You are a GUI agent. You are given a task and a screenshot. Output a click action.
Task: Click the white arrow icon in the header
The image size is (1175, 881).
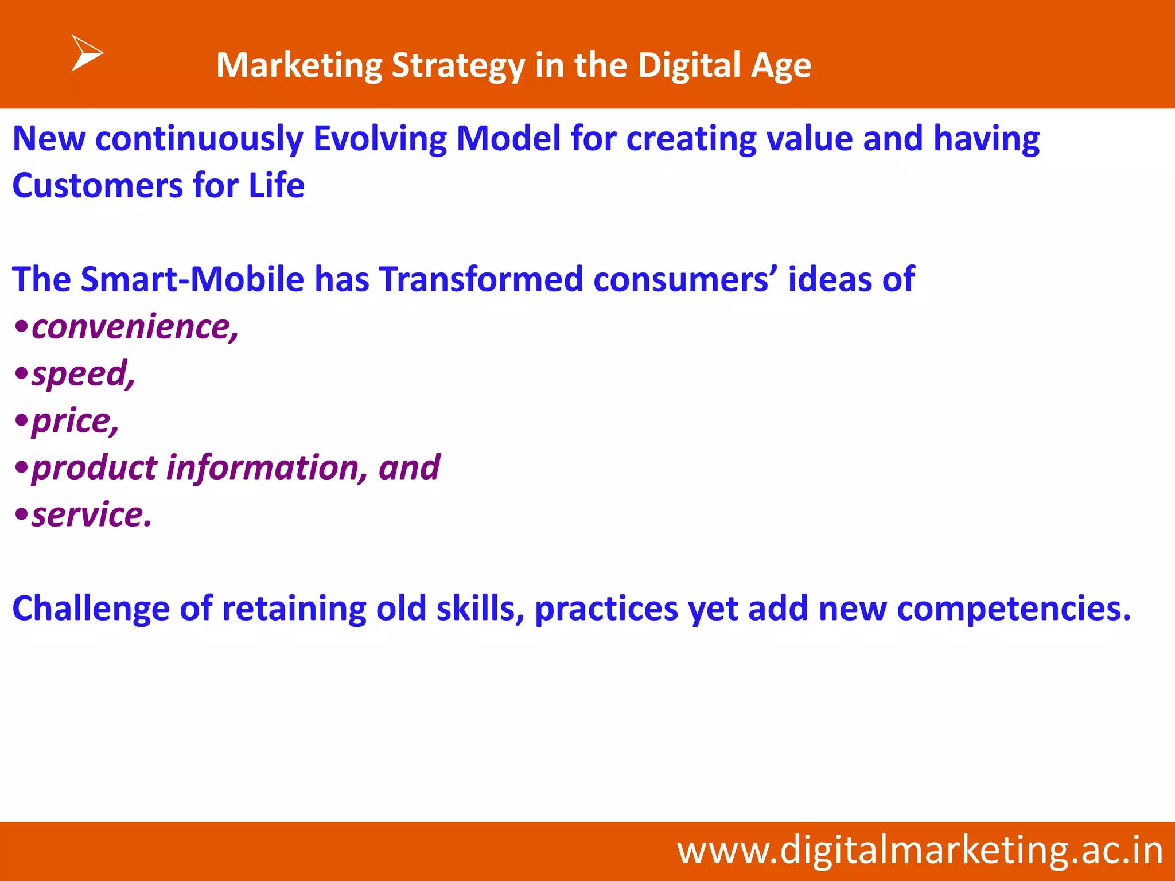pyautogui.click(x=86, y=53)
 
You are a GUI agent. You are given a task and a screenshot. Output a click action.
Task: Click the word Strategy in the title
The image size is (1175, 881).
pyautogui.click(x=458, y=65)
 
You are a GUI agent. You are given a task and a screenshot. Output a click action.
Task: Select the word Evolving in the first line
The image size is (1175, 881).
pyautogui.click(x=379, y=139)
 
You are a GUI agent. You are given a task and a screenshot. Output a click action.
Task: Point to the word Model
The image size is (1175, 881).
pyautogui.click(x=508, y=139)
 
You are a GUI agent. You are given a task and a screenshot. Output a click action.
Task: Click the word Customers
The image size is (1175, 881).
pyautogui.click(x=97, y=186)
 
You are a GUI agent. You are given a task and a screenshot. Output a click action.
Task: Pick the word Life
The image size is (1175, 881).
pyautogui.click(x=276, y=186)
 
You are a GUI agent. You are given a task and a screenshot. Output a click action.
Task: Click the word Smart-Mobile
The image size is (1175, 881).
pyautogui.click(x=192, y=279)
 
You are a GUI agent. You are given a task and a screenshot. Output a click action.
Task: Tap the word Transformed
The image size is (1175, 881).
pyautogui.click(x=481, y=279)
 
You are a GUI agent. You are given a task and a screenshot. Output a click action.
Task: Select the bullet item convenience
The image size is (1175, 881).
pyautogui.click(x=135, y=327)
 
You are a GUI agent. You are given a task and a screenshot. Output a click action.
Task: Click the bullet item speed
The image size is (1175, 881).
pyautogui.click(x=83, y=374)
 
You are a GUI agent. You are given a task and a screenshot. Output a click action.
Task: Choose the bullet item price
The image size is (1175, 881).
pyautogui.click(x=75, y=421)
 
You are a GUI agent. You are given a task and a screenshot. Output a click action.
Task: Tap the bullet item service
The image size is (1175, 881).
pyautogui.click(x=91, y=514)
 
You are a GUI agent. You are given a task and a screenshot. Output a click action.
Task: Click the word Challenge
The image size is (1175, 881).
pyautogui.click(x=91, y=609)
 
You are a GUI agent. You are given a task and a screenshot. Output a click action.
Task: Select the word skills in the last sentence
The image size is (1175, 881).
pyautogui.click(x=480, y=609)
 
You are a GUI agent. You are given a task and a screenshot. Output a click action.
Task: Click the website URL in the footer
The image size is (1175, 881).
pyautogui.click(x=920, y=851)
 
